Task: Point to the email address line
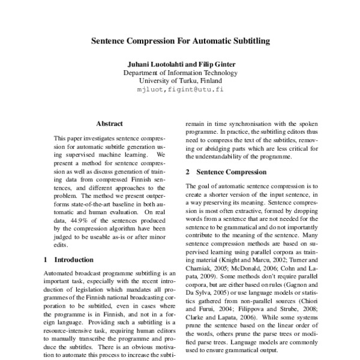pyautogui.click(x=180, y=89)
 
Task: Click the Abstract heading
pyautogui.click(x=109, y=124)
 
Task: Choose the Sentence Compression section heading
pyautogui.click(x=229, y=172)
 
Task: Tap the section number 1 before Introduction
pyautogui.click(x=47, y=260)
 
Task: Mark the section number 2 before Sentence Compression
pyautogui.click(x=188, y=172)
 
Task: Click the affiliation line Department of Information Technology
pyautogui.click(x=180, y=73)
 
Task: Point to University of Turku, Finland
pyautogui.click(x=180, y=81)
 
